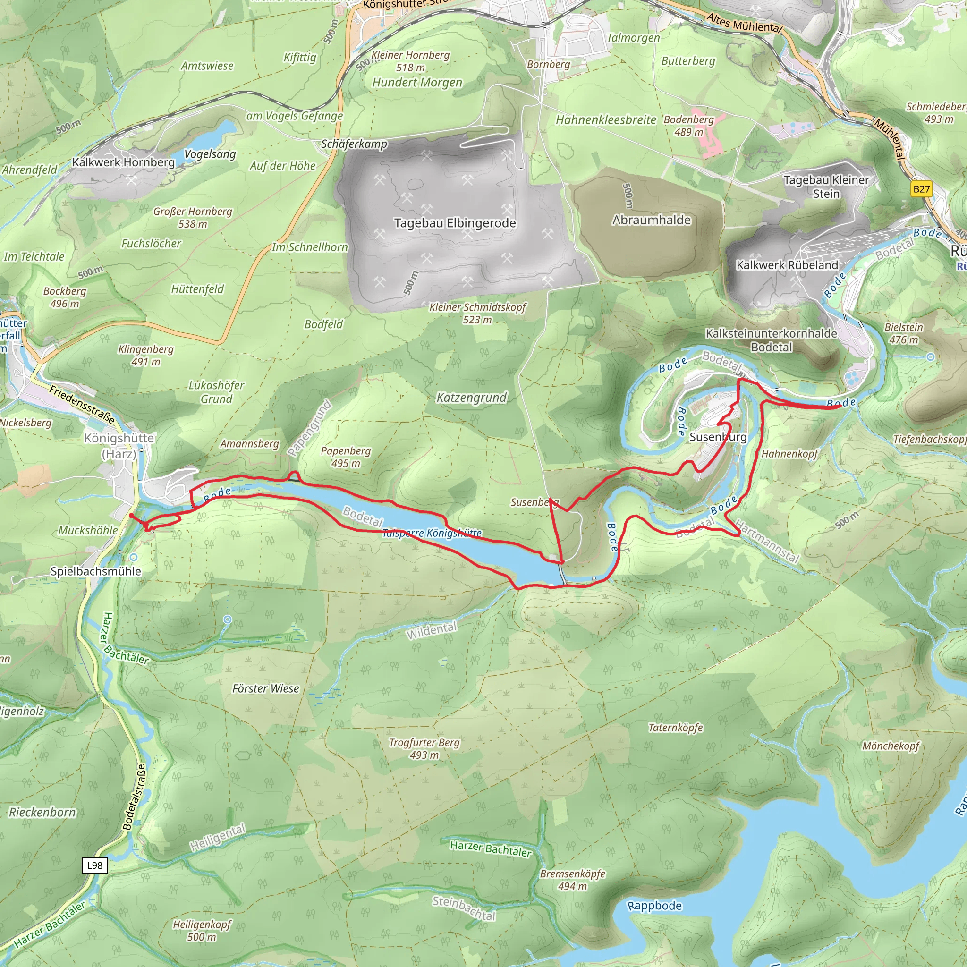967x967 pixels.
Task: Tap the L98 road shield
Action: click(94, 865)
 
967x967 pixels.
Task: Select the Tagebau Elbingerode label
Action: click(455, 223)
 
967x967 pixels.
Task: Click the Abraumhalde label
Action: click(651, 220)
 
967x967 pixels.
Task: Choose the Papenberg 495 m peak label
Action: click(346, 457)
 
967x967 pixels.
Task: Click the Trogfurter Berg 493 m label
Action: click(424, 749)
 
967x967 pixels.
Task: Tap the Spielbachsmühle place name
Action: click(95, 572)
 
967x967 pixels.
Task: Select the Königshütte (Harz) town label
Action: click(119, 446)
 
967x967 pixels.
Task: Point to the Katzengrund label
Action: click(472, 398)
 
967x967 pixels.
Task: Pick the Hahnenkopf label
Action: click(789, 454)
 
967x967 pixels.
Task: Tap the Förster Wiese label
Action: click(265, 689)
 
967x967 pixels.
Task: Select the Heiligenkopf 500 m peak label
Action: click(202, 931)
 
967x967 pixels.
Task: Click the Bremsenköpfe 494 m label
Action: click(572, 880)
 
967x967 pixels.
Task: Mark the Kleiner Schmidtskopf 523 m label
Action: click(477, 314)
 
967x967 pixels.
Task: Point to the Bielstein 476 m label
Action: click(903, 333)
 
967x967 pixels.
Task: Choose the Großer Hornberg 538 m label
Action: click(193, 218)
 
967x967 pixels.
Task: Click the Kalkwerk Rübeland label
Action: click(787, 265)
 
